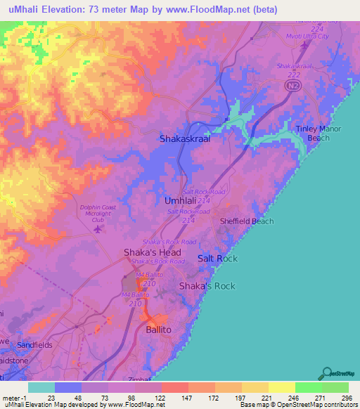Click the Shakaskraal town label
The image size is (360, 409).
(185, 139)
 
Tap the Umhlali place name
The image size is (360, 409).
(181, 200)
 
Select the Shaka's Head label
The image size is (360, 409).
(152, 252)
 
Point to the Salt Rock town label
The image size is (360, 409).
(217, 259)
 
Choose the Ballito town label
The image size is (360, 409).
(158, 329)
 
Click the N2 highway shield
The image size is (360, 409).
(290, 85)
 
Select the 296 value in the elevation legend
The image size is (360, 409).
(346, 398)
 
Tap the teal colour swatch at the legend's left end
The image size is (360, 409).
(41, 387)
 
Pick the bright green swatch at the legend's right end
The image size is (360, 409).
(335, 387)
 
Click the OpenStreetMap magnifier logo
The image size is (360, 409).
(328, 373)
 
